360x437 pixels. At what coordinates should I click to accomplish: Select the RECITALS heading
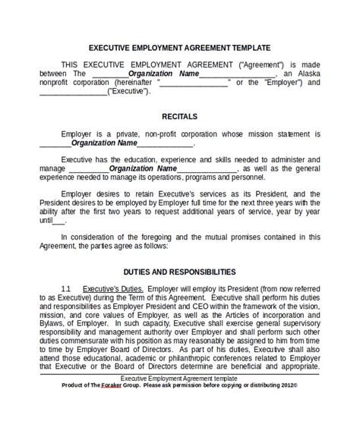[x=180, y=117]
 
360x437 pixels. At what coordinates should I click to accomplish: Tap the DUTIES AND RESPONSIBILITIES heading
[x=180, y=271]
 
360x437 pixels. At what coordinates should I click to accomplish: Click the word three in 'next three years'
[x=265, y=203]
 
